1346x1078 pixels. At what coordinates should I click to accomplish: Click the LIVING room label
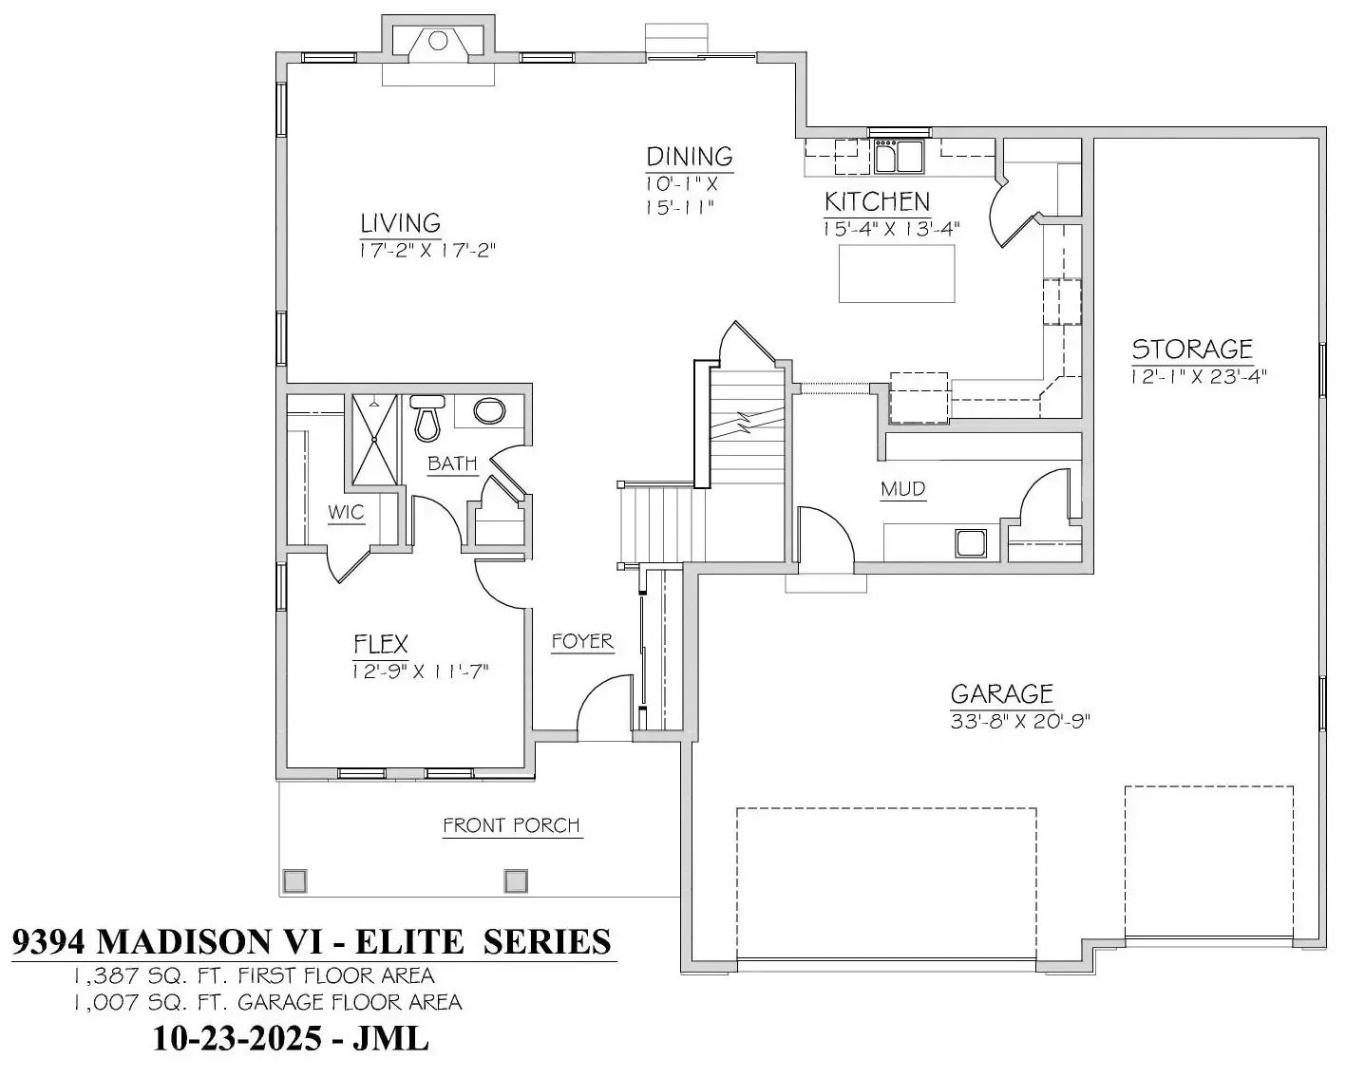(x=400, y=223)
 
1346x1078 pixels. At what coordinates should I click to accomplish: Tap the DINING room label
(x=689, y=157)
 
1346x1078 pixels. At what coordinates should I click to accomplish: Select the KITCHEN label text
(x=877, y=201)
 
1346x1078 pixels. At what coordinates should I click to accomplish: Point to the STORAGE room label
(x=1192, y=349)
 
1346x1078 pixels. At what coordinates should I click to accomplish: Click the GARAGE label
(x=1001, y=694)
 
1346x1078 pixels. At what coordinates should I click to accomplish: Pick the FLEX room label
(x=381, y=645)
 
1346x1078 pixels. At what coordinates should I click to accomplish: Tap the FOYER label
(x=582, y=642)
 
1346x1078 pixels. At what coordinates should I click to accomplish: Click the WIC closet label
(x=346, y=513)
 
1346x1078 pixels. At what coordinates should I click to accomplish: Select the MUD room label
(x=902, y=489)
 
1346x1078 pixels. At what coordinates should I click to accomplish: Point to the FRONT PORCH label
(x=511, y=825)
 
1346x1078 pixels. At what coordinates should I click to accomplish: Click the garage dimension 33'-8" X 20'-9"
(x=1019, y=721)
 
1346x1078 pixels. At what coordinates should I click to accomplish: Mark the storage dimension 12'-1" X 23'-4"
(x=1199, y=376)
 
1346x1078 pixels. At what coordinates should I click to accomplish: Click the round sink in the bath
(x=489, y=411)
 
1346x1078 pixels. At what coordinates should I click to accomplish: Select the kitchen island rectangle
(x=896, y=274)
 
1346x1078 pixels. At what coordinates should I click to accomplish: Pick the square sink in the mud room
(x=971, y=543)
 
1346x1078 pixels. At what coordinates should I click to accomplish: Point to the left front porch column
(x=294, y=881)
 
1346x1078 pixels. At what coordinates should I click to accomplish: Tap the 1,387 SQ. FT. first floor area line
(x=254, y=975)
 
